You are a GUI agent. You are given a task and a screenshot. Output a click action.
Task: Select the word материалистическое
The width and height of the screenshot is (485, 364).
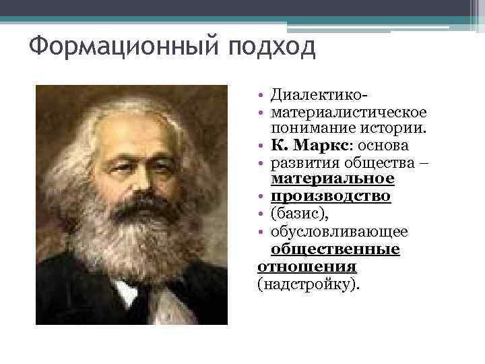coord(347,111)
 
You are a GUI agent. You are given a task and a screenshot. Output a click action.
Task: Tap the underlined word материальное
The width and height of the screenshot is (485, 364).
coord(332,179)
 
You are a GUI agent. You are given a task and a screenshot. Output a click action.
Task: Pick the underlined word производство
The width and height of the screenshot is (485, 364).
coord(330,197)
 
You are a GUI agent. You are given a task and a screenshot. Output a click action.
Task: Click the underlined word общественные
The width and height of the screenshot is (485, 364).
coord(335,249)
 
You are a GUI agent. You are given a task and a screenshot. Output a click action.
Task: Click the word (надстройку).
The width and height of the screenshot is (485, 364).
coord(309,284)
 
